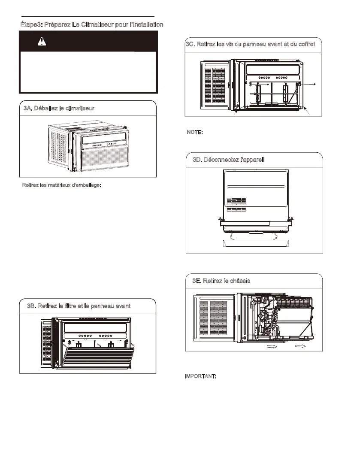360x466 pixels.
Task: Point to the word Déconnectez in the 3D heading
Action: pyautogui.click(x=224, y=159)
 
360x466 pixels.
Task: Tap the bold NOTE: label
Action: pyautogui.click(x=194, y=132)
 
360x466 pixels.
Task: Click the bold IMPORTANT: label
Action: pyautogui.click(x=200, y=376)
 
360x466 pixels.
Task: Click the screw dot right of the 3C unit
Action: pyautogui.click(x=315, y=84)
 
